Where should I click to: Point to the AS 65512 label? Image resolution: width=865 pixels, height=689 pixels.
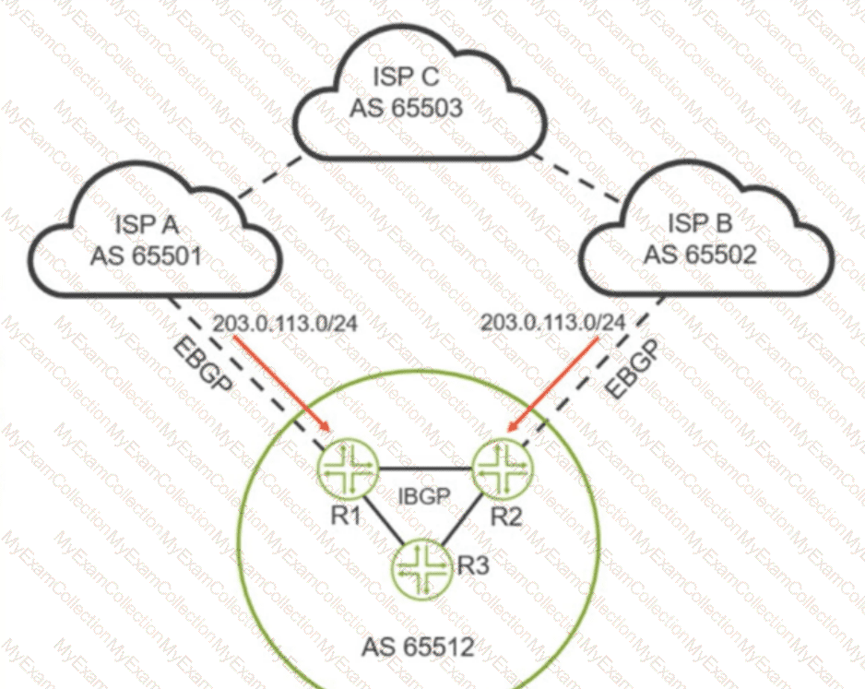pos(417,647)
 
